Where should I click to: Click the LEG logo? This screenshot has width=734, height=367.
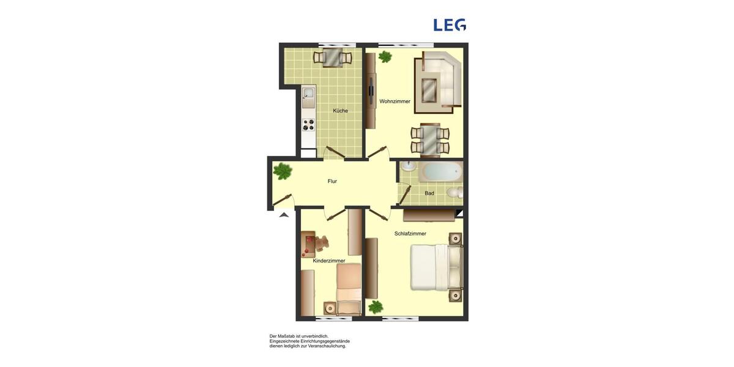pos(450,24)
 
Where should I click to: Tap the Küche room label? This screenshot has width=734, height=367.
pos(340,111)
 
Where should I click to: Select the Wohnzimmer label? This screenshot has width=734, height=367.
pos(395,101)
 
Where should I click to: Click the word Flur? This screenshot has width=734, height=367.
pos(332,181)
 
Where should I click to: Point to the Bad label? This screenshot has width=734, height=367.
pos(429,193)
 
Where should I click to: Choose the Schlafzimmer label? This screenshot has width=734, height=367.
pos(410,234)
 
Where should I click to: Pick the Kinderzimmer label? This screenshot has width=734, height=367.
pos(329,261)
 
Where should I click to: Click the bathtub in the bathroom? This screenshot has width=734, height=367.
pos(440,171)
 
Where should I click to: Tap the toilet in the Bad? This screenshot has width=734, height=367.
pos(453,193)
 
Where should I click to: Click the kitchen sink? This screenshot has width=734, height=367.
pos(308,95)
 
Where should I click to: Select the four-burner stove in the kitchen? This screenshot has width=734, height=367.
pos(308,125)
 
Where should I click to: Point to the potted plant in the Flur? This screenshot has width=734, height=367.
pos(283,171)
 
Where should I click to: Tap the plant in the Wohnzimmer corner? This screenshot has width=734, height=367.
pos(385,57)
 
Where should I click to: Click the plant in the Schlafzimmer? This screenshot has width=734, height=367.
pos(376,307)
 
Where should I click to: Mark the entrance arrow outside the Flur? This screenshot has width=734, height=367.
pos(283,214)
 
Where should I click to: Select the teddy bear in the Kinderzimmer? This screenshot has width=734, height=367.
pos(321,243)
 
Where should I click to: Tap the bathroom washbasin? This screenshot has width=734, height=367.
pos(408,166)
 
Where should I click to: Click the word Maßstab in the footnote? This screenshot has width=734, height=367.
pos(295,336)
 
